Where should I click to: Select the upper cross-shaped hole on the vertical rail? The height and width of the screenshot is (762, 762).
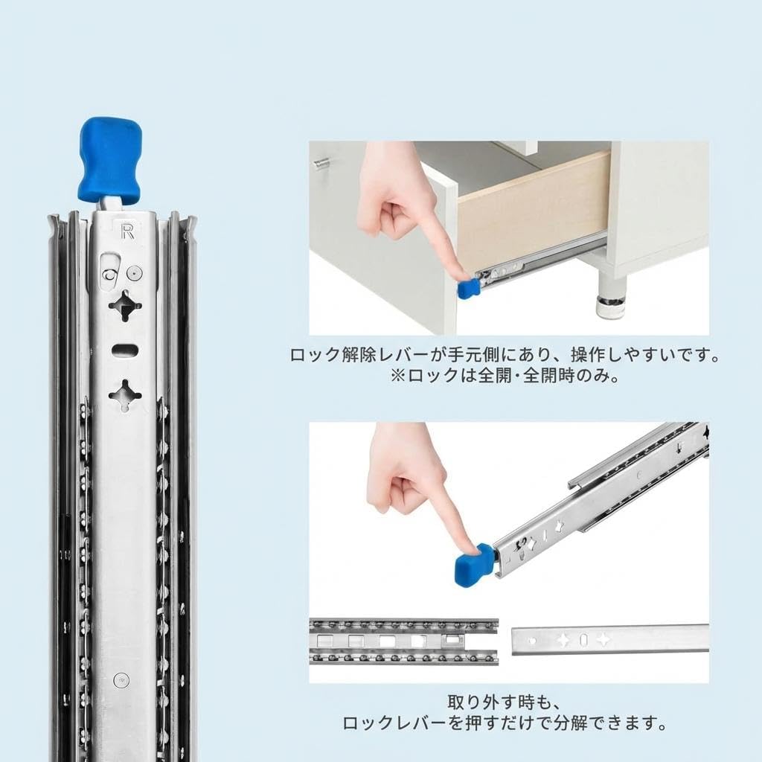[125, 306]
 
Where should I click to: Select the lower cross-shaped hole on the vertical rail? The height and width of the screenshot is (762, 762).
[125, 394]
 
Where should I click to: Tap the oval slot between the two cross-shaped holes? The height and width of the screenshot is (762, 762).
[124, 349]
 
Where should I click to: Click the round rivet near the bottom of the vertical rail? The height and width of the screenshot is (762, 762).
[121, 679]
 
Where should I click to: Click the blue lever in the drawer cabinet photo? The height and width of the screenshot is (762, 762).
[468, 288]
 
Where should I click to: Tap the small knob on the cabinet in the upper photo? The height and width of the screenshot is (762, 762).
[321, 164]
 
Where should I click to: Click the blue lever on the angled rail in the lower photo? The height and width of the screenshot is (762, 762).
[473, 564]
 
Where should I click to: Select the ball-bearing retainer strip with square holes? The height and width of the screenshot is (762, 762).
[403, 641]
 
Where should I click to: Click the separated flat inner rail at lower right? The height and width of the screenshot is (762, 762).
[609, 639]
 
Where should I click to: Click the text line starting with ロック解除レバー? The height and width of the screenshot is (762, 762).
[505, 355]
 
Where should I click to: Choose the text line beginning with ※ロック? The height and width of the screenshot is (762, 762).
[505, 376]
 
